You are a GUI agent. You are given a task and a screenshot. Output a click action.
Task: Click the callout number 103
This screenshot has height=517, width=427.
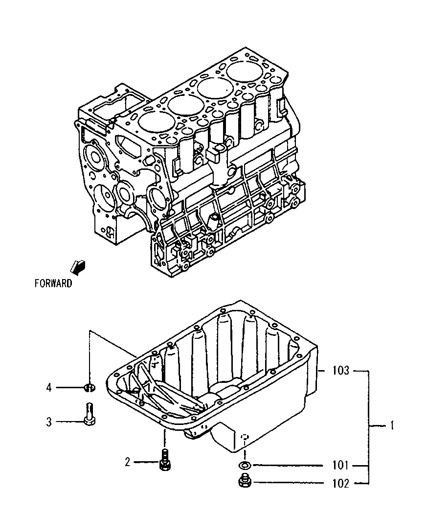(x=339, y=371)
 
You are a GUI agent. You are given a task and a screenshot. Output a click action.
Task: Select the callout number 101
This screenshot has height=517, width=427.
(x=339, y=465)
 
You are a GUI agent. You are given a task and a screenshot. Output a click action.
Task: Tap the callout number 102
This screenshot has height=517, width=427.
(x=339, y=484)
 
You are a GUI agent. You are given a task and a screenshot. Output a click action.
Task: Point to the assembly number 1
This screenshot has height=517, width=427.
(x=391, y=426)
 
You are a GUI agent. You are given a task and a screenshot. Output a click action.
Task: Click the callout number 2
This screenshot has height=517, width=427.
(x=127, y=462)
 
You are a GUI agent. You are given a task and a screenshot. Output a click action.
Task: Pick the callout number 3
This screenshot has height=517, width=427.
(x=49, y=422)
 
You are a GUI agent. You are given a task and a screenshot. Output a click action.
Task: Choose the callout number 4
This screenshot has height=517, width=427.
(x=49, y=388)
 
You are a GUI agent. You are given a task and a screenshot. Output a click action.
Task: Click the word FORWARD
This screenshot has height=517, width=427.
(x=53, y=283)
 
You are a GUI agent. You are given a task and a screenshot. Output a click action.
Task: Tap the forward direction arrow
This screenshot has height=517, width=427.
(x=77, y=266)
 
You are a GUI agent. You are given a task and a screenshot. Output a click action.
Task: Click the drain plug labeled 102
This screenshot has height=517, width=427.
(x=245, y=482)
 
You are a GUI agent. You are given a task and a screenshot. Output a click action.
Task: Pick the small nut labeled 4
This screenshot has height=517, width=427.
(x=89, y=388)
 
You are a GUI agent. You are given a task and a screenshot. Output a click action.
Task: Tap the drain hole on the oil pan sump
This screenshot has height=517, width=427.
(x=246, y=435)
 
